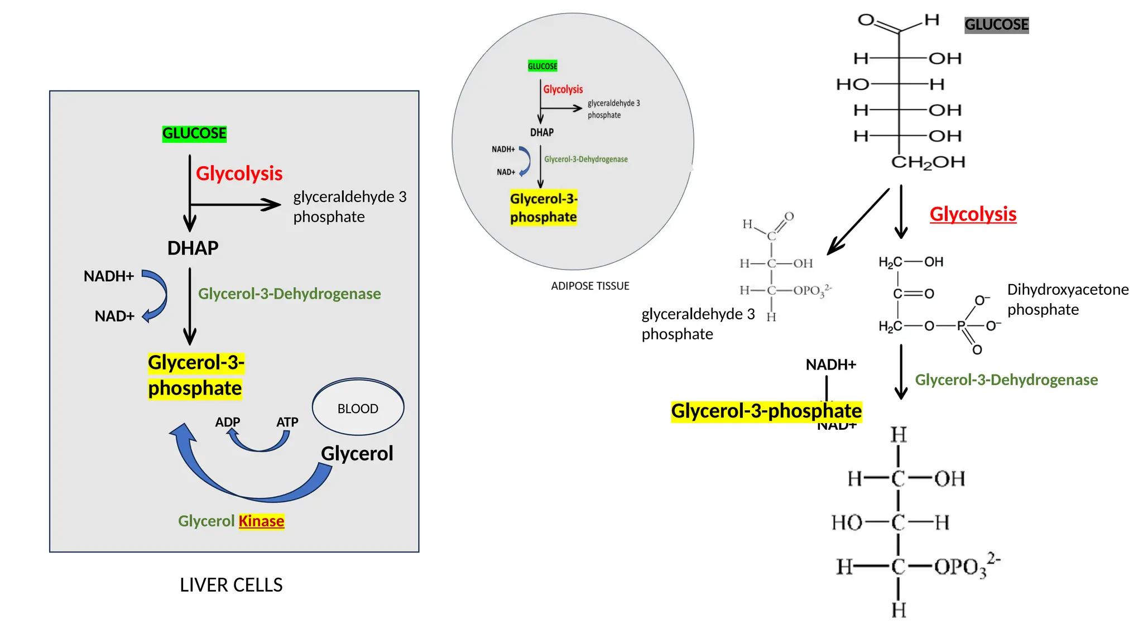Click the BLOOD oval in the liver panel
[358, 408]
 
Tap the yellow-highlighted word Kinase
[261, 521]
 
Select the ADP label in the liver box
[227, 422]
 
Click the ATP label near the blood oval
[287, 422]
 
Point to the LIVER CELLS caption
[231, 584]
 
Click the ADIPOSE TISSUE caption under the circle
[590, 286]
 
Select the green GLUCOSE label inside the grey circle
[542, 66]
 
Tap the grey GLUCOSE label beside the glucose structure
[996, 25]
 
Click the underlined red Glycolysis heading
[973, 214]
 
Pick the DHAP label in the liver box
[193, 248]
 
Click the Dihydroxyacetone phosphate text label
[1067, 299]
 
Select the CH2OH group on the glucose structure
[928, 162]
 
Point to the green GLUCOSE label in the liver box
[194, 133]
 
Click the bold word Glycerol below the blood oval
[357, 453]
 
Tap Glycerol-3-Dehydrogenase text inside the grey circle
[585, 159]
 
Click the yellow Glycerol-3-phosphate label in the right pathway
[766, 411]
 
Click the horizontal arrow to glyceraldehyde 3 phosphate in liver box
[234, 205]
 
